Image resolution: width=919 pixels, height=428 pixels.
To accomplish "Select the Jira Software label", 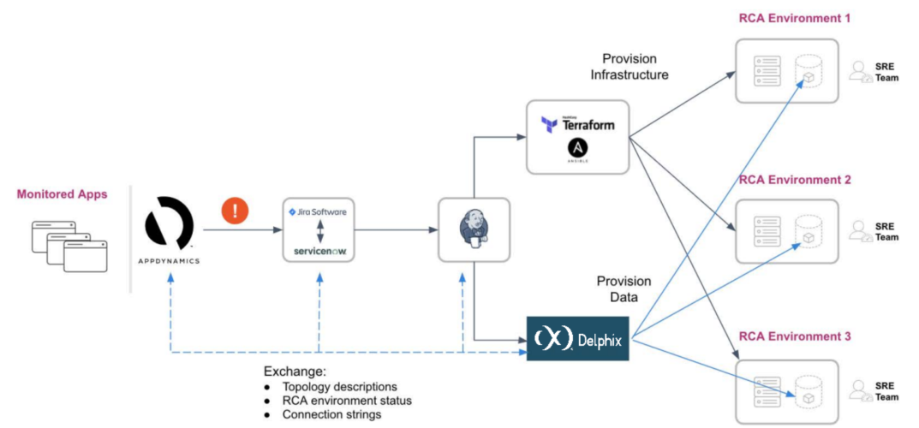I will (318, 211).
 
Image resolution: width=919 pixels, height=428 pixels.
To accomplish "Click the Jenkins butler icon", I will (473, 229).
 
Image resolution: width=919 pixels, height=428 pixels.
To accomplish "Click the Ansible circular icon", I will (577, 151).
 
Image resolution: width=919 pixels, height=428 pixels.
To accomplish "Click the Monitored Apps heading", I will (62, 194).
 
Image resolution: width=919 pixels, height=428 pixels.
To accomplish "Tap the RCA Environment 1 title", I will (794, 19).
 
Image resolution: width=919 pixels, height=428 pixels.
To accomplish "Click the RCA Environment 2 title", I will (794, 180).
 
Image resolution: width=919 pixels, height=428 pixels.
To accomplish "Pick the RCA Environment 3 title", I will (794, 336).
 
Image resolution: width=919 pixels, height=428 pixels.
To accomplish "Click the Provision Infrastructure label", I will (629, 67).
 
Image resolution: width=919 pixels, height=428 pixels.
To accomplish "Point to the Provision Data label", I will (624, 288).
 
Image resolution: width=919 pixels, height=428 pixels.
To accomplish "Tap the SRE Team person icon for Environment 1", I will (858, 72).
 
